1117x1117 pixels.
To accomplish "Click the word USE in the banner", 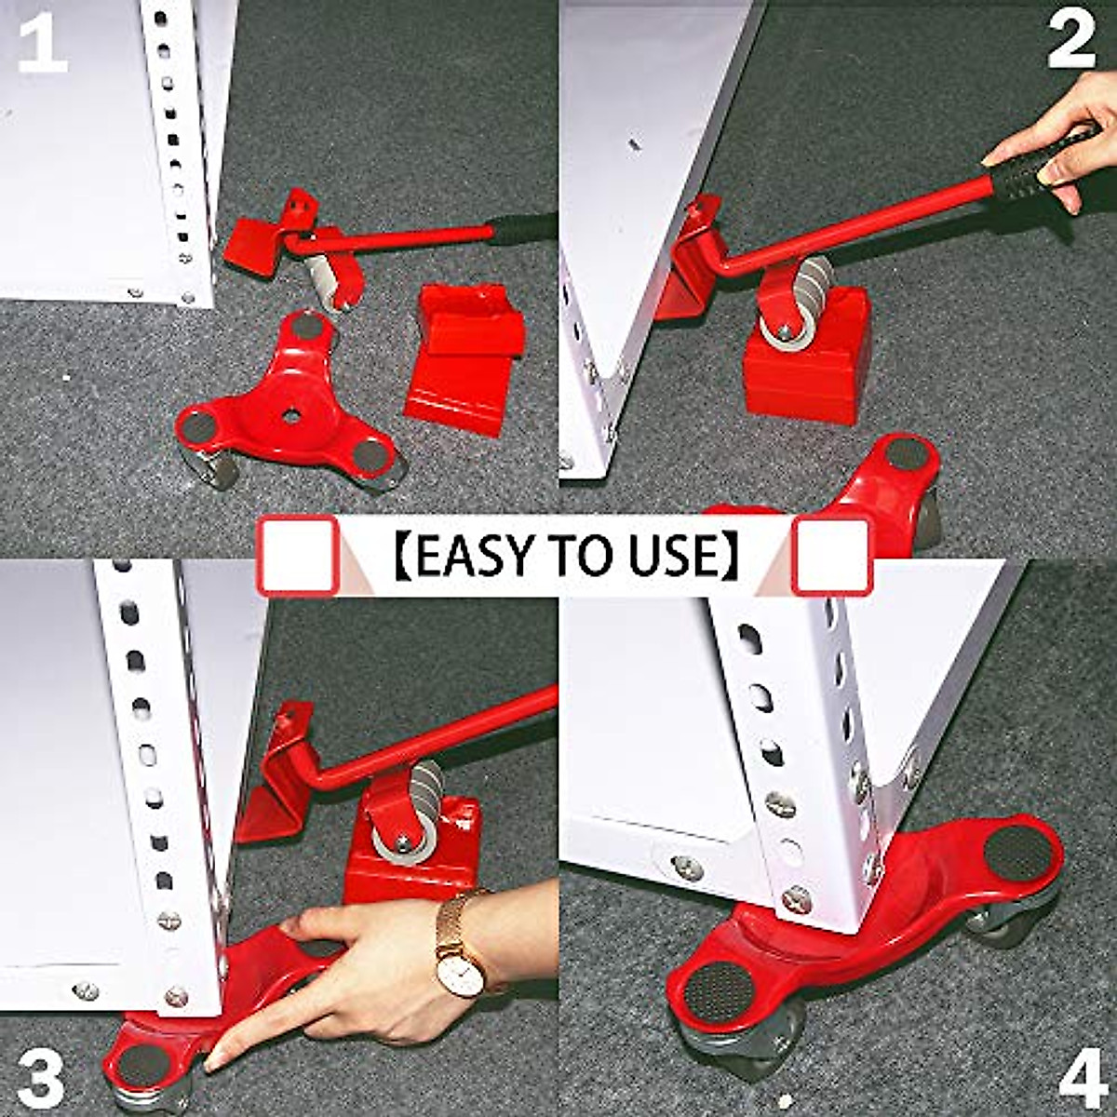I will pos(676,556).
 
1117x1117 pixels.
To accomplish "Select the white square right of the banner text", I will pos(830,556).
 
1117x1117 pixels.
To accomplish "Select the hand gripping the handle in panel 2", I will pos(1061,140).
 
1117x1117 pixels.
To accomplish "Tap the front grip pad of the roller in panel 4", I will pos(717,989).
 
